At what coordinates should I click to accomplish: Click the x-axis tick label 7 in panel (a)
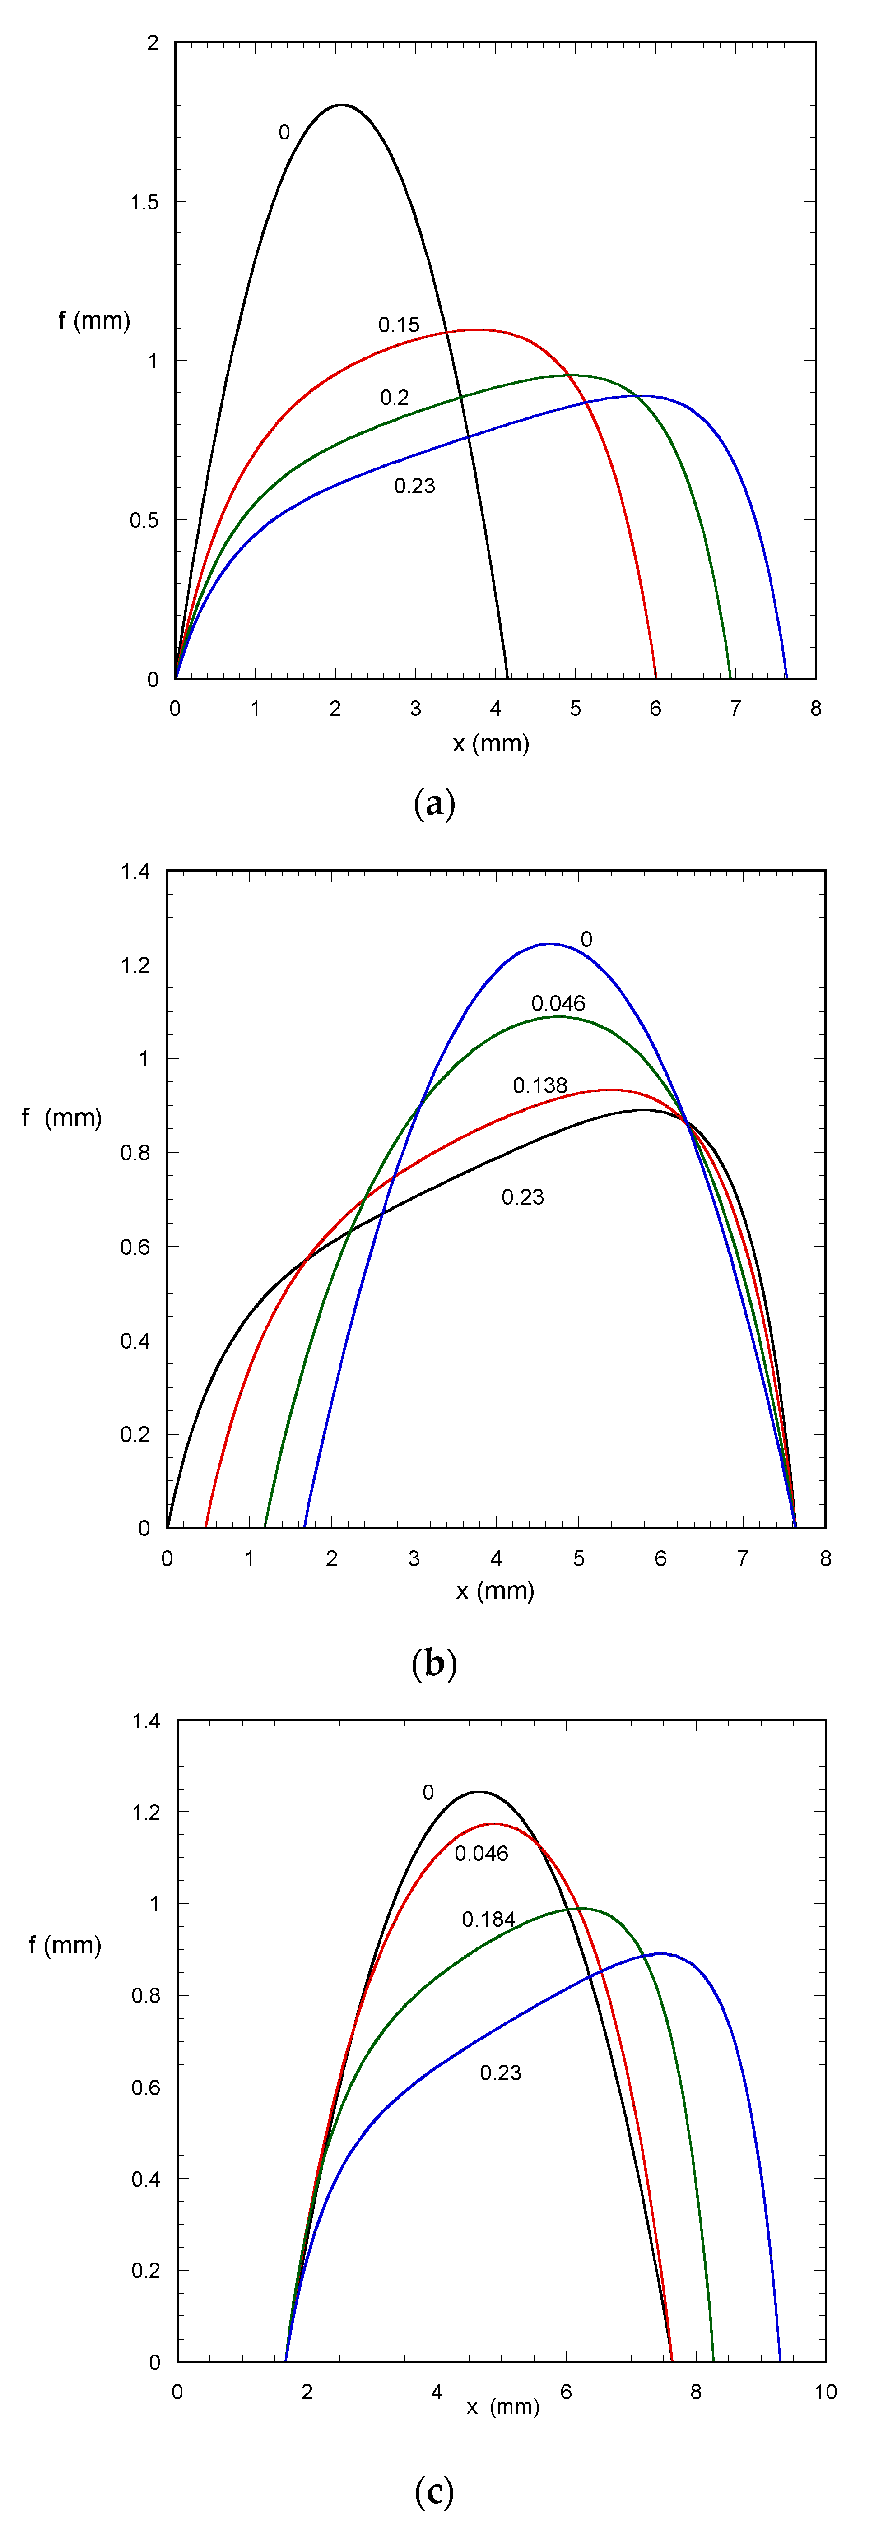736,708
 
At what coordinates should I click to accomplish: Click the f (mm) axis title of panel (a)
94,320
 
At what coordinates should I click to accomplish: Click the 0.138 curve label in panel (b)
539,1085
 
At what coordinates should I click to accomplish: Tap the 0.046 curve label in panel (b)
558,1002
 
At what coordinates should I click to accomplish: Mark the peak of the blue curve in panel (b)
549,944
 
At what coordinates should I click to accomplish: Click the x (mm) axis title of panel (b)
495,1590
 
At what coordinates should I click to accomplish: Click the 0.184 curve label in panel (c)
488,1919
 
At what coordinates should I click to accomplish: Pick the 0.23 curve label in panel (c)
500,2072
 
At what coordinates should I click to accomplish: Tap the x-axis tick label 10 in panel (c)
825,2392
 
